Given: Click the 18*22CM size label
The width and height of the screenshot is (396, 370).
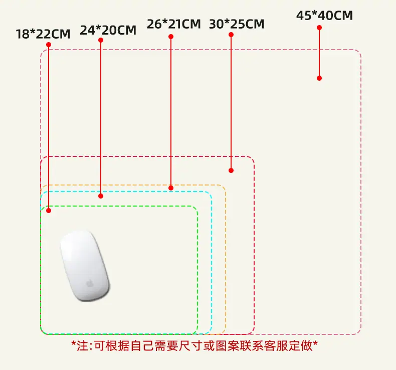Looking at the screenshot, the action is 43,34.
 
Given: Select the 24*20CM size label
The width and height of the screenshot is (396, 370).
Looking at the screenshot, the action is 108,30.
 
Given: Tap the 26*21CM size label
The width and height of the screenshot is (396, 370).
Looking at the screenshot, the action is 174,24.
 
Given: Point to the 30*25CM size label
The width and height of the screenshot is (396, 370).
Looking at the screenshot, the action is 237,24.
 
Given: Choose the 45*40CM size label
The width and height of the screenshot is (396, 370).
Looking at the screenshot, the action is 324,16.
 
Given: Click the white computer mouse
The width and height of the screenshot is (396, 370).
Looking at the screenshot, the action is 85,266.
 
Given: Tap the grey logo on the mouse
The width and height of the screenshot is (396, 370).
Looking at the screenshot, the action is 89,283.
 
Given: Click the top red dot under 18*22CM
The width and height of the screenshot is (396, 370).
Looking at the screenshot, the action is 49,45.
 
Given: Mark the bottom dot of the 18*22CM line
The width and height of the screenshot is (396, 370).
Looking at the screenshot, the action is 49,211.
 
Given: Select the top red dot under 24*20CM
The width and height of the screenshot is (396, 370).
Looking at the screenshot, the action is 101,40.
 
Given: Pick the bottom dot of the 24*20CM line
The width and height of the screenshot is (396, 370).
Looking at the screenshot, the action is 101,196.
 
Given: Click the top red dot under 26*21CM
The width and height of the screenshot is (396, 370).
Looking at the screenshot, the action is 171,37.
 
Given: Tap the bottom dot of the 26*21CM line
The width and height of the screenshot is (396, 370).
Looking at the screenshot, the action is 171,188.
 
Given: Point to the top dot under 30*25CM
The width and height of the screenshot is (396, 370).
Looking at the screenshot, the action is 231,35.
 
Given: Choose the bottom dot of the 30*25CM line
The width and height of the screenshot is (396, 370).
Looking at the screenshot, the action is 231,170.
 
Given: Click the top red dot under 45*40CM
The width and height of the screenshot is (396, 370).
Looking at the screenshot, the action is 319,28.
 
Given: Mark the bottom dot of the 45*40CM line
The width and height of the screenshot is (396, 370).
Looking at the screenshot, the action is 319,78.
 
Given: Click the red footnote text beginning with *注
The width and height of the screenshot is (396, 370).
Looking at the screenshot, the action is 194,345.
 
